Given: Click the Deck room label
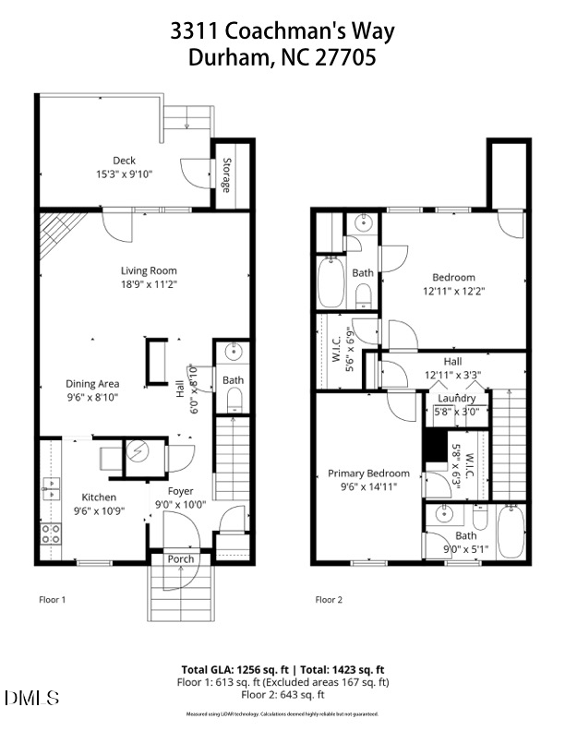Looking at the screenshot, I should [124, 161].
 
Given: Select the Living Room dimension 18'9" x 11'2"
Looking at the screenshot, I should [149, 284].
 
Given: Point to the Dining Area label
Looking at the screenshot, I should [91, 384].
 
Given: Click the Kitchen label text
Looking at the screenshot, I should [99, 497].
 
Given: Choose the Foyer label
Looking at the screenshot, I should [180, 491].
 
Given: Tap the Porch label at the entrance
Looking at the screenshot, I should [180, 559].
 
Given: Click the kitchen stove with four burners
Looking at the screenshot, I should [51, 533].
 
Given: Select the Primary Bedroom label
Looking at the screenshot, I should [368, 473].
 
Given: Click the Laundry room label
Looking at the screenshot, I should [456, 398].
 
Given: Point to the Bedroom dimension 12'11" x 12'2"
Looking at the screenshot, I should [452, 290].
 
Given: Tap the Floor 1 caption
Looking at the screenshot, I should [52, 600].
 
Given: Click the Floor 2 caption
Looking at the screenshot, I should [329, 600].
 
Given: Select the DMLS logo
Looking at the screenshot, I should [31, 697].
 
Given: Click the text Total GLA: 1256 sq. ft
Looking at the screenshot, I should [235, 669].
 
